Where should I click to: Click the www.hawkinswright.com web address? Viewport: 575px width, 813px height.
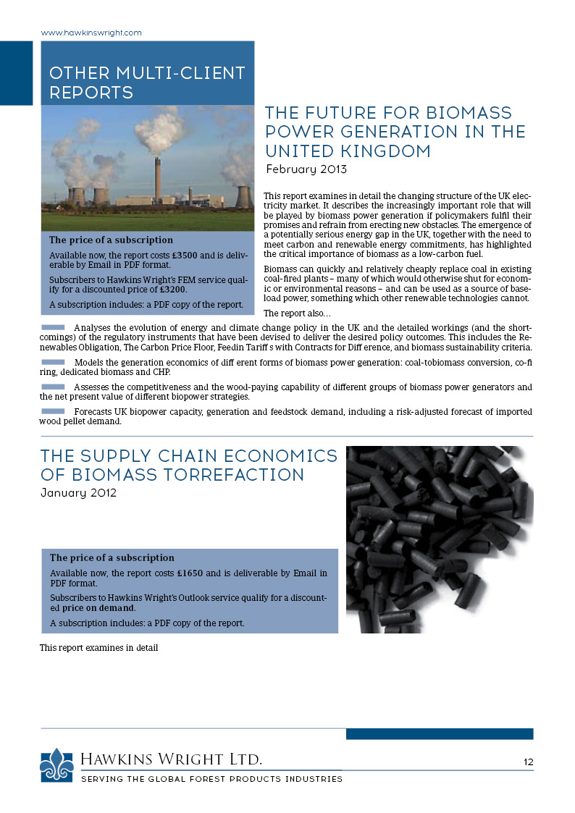tap(91, 33)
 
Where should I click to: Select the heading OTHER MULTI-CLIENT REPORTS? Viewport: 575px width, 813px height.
tap(146, 83)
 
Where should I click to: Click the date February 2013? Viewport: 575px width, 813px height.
tap(306, 170)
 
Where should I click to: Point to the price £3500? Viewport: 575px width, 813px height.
tap(190, 256)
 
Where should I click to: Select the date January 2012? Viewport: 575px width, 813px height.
tap(78, 494)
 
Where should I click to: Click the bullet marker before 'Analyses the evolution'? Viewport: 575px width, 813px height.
tap(53, 328)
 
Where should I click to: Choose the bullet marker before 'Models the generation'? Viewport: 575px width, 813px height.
tap(53, 361)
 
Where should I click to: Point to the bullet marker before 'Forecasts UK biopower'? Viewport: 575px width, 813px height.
tap(53, 411)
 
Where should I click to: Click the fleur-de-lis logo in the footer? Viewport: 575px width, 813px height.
tap(56, 764)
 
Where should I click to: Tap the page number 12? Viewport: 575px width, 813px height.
tap(528, 762)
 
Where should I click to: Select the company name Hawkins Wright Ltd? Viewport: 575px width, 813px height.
tap(171, 759)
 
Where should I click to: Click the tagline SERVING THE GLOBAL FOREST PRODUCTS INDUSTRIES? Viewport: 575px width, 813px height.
tap(211, 779)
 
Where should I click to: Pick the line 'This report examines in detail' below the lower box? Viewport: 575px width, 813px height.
tap(98, 648)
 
